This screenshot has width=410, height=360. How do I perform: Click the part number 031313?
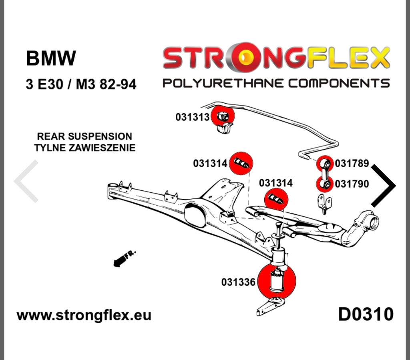tap(192, 117)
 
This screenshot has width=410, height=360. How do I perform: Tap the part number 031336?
tap(238, 282)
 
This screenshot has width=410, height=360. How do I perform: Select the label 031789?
tap(352, 163)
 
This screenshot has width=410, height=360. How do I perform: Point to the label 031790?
tap(352, 184)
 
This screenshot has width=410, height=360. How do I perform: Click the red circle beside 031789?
tap(326, 164)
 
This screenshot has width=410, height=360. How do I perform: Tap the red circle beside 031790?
tap(325, 184)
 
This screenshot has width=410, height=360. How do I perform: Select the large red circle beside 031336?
tap(277, 281)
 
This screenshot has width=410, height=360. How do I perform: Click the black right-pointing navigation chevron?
tap(384, 186)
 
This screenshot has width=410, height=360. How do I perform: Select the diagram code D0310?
tap(366, 314)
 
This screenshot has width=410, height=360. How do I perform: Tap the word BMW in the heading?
tap(50, 58)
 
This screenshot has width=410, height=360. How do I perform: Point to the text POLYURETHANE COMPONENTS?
tap(275, 83)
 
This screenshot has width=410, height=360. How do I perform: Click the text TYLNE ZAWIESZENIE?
tap(84, 148)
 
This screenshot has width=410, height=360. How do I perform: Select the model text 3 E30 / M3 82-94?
tap(80, 84)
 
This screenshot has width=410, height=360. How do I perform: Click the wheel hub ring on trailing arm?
tap(373, 221)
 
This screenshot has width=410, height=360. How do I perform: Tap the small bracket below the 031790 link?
tap(324, 203)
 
